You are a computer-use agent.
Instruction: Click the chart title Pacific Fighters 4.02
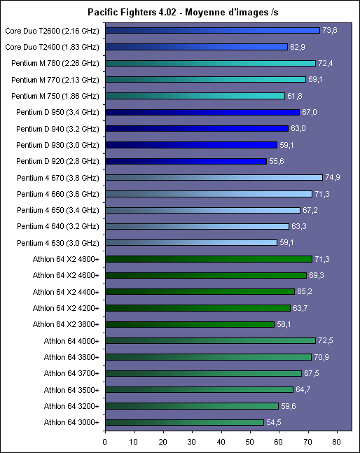click(132, 12)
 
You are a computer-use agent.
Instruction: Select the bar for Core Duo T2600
click(213, 30)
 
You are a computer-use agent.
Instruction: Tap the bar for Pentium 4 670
click(214, 177)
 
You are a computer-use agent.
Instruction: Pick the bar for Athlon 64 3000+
click(185, 422)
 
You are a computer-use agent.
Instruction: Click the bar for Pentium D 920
click(186, 161)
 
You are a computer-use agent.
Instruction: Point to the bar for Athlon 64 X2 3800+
click(190, 324)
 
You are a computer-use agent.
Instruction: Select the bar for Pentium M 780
click(211, 63)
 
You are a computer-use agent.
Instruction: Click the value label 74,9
click(333, 177)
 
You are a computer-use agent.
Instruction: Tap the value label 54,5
click(274, 422)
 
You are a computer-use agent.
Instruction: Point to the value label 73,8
click(330, 30)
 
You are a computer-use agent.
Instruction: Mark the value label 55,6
click(277, 161)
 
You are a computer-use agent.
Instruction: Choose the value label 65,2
click(305, 291)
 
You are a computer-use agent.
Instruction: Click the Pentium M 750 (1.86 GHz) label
click(55, 96)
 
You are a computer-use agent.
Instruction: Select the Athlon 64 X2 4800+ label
click(66, 259)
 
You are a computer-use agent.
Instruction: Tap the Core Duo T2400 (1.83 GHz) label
click(52, 47)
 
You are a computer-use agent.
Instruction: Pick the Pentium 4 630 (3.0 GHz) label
click(58, 243)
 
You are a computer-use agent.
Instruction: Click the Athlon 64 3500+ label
click(71, 390)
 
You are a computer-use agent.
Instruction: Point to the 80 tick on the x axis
click(337, 442)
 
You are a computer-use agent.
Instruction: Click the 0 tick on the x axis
click(105, 442)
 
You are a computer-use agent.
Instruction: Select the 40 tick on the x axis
click(221, 442)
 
